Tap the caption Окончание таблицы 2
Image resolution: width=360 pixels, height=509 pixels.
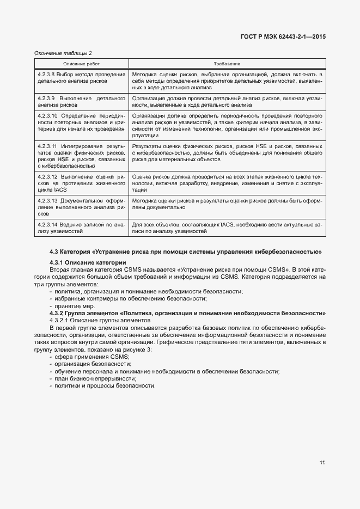click(x=63, y=53)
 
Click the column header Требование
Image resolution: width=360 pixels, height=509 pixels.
click(x=228, y=64)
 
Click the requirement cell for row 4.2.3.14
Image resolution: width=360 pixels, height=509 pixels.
click(x=227, y=228)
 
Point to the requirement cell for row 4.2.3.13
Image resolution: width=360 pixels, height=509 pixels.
click(x=227, y=204)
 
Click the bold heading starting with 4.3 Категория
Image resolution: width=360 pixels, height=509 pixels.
click(x=185, y=252)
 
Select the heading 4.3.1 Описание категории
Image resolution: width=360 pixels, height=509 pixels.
click(x=87, y=263)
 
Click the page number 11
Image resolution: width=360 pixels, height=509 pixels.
click(x=322, y=463)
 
